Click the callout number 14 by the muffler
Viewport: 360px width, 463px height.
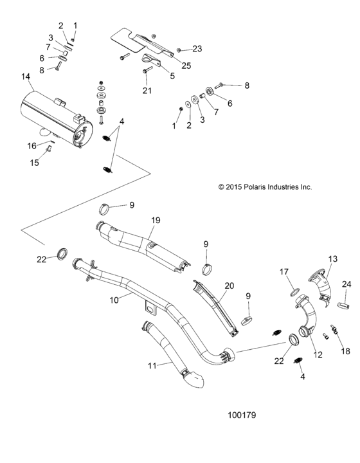(25, 77)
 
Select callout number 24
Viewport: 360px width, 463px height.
(346, 284)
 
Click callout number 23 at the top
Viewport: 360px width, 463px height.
(197, 49)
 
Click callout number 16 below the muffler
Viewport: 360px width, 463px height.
(32, 146)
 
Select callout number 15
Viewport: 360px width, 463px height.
(35, 163)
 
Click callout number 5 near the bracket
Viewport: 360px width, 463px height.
(172, 76)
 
